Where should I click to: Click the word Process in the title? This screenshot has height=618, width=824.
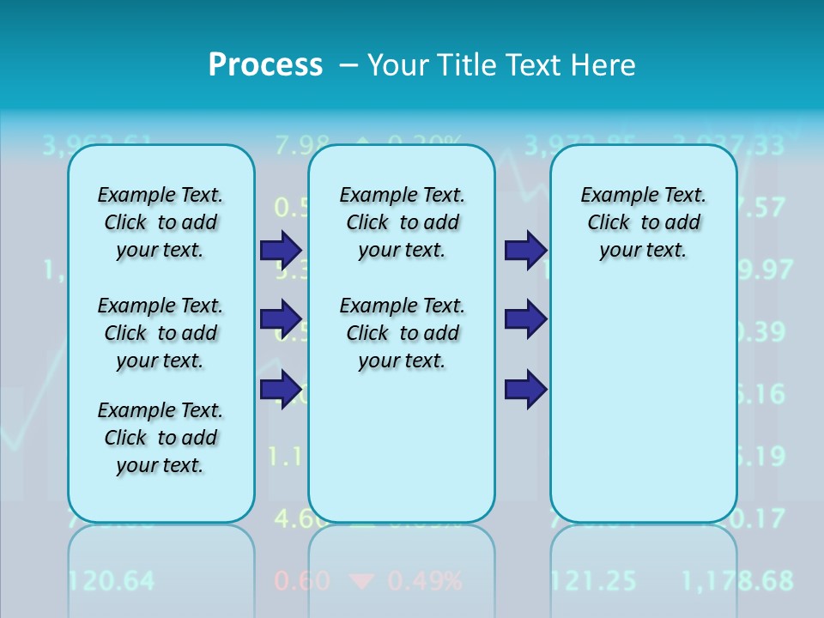point(265,64)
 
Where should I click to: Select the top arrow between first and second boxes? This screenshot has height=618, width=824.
point(280,251)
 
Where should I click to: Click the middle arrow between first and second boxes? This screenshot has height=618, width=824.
point(280,319)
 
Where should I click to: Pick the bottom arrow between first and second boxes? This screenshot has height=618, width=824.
point(280,390)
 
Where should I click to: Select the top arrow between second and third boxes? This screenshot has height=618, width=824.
point(525,251)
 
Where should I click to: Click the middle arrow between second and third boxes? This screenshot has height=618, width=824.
point(525,319)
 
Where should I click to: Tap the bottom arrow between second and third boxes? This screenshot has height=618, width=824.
point(525,390)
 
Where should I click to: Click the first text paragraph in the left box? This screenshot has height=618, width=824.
point(161,222)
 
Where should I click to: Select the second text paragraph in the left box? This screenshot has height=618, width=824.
point(161,333)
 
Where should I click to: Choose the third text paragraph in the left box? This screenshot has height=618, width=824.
point(161,438)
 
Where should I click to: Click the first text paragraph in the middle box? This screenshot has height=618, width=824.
point(402,222)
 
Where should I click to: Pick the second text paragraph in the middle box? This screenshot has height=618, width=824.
point(402,333)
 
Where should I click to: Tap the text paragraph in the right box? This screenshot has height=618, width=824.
point(643,222)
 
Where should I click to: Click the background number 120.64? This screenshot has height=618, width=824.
point(111,581)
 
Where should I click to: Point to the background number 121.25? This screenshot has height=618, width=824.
point(593,581)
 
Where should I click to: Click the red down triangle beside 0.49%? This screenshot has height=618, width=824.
point(363,582)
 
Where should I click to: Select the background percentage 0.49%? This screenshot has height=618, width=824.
point(424,581)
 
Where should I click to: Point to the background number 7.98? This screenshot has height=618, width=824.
point(301,143)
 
